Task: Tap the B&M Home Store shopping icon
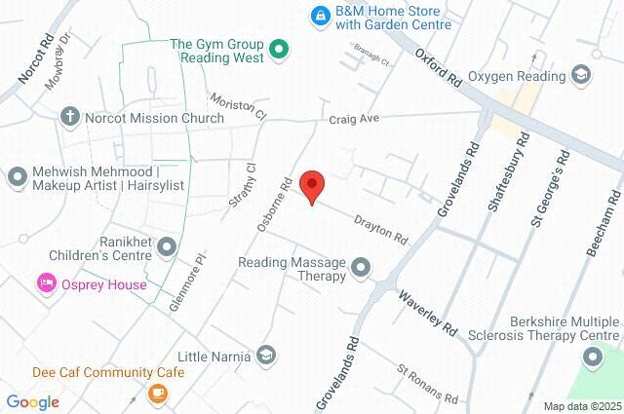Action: pos(319,16)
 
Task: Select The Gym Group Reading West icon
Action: pos(279,49)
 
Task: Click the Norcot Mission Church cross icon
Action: pos(69,118)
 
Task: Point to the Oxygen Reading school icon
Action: pos(581,74)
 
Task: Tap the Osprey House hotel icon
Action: pos(45,284)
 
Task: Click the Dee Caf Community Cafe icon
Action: pos(157,393)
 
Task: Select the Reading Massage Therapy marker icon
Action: pos(362,266)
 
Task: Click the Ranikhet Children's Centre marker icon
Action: pos(167,246)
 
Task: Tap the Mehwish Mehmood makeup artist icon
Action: pos(17,178)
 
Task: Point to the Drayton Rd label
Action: pos(380,230)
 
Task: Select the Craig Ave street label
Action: pos(352,118)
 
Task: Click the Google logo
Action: pos(32,401)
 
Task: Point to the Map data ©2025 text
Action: pos(581,406)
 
